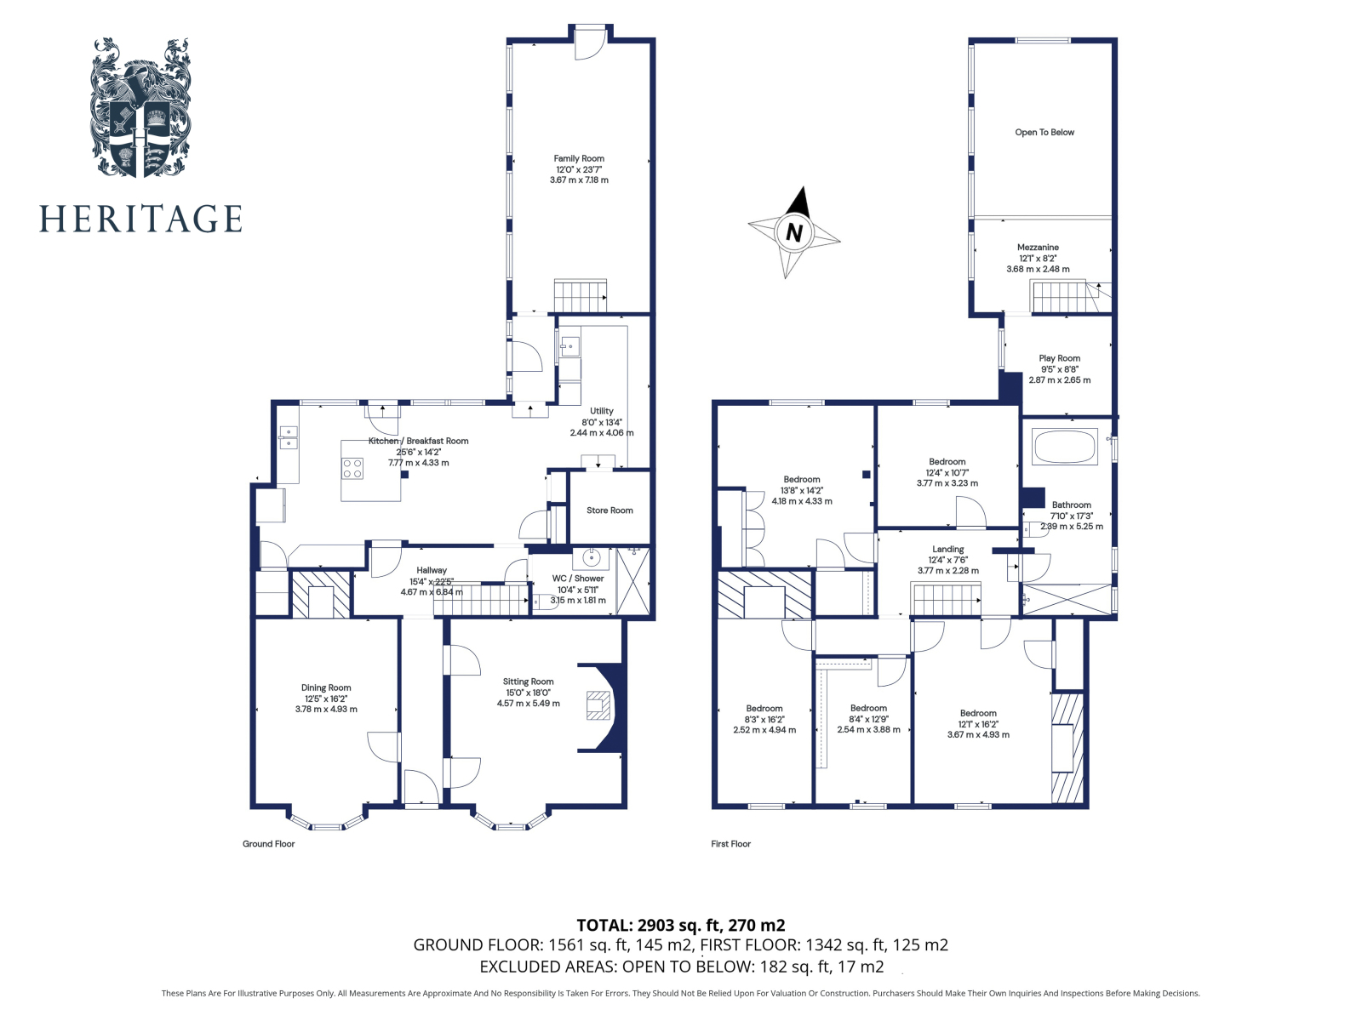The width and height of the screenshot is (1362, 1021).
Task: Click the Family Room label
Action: pyautogui.click(x=579, y=159)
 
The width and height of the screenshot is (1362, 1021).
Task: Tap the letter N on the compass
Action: pyautogui.click(x=794, y=232)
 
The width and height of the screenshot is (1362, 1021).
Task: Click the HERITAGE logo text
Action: pyautogui.click(x=140, y=219)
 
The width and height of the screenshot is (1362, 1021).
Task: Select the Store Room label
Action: pyautogui.click(x=609, y=510)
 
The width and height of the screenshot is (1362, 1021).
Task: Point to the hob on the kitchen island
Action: pyautogui.click(x=352, y=469)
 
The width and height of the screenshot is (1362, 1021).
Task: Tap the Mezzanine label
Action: pyautogui.click(x=1038, y=248)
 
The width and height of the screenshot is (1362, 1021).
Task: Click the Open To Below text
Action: pyautogui.click(x=1044, y=133)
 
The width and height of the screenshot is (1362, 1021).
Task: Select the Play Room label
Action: pyautogui.click(x=1059, y=358)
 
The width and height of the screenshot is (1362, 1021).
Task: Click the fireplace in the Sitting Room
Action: pyautogui.click(x=598, y=707)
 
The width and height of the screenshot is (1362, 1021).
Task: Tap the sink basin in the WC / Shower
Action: pyautogui.click(x=592, y=559)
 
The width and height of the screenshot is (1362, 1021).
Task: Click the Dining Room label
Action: pyautogui.click(x=326, y=687)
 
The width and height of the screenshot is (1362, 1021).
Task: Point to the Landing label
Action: pyautogui.click(x=947, y=550)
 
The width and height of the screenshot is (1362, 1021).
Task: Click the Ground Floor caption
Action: pyautogui.click(x=268, y=844)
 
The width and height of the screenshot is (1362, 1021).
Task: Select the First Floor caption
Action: pyautogui.click(x=730, y=844)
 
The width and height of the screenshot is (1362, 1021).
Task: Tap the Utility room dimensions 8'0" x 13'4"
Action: pyautogui.click(x=602, y=422)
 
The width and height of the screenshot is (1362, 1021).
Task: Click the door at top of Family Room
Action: pyautogui.click(x=589, y=43)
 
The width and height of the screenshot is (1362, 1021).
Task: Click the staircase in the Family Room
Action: pyautogui.click(x=580, y=297)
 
